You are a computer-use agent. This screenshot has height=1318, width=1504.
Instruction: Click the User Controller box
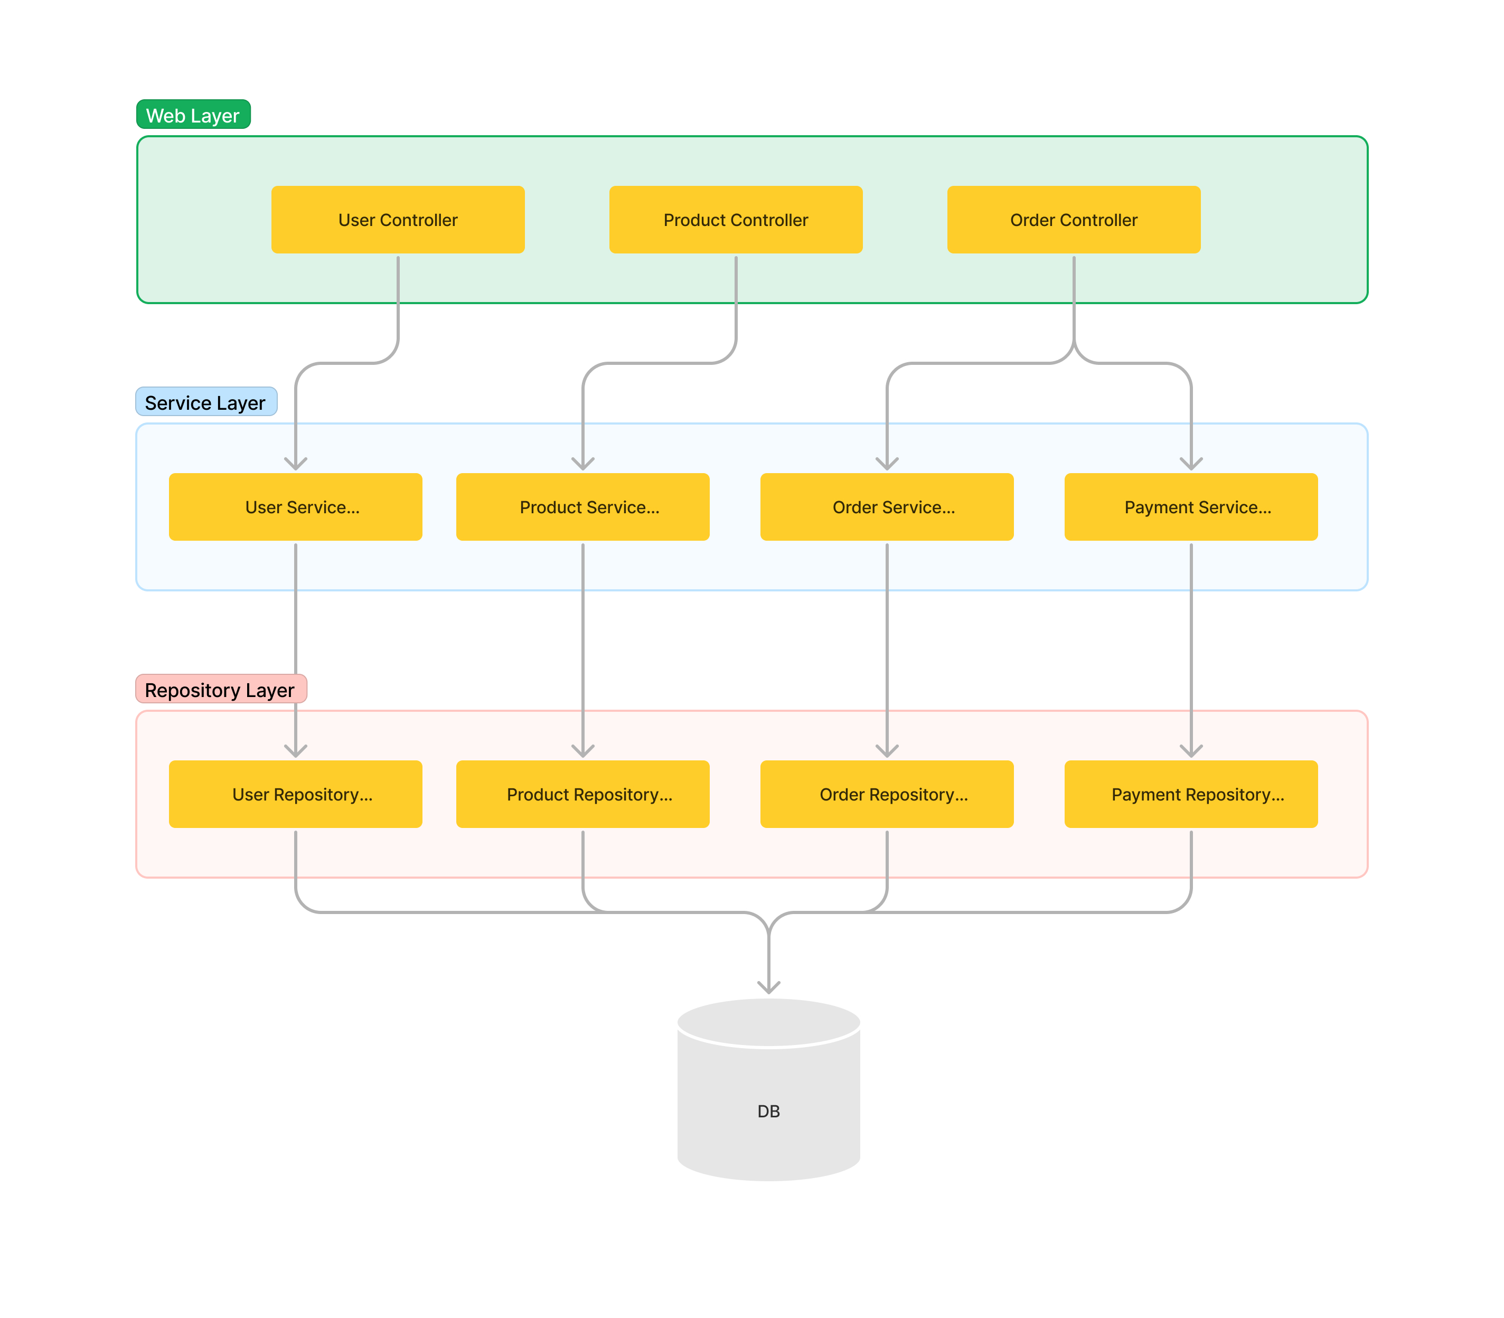398,220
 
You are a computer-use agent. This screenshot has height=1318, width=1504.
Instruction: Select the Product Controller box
736,220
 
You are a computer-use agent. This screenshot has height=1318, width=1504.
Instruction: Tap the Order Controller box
1073,220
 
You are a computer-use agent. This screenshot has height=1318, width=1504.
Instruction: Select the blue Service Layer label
206,402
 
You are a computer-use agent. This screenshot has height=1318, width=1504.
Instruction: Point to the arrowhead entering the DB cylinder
768,987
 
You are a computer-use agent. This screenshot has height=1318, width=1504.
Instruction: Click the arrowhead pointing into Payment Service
1191,464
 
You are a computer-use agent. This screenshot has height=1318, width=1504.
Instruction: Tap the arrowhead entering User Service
296,464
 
